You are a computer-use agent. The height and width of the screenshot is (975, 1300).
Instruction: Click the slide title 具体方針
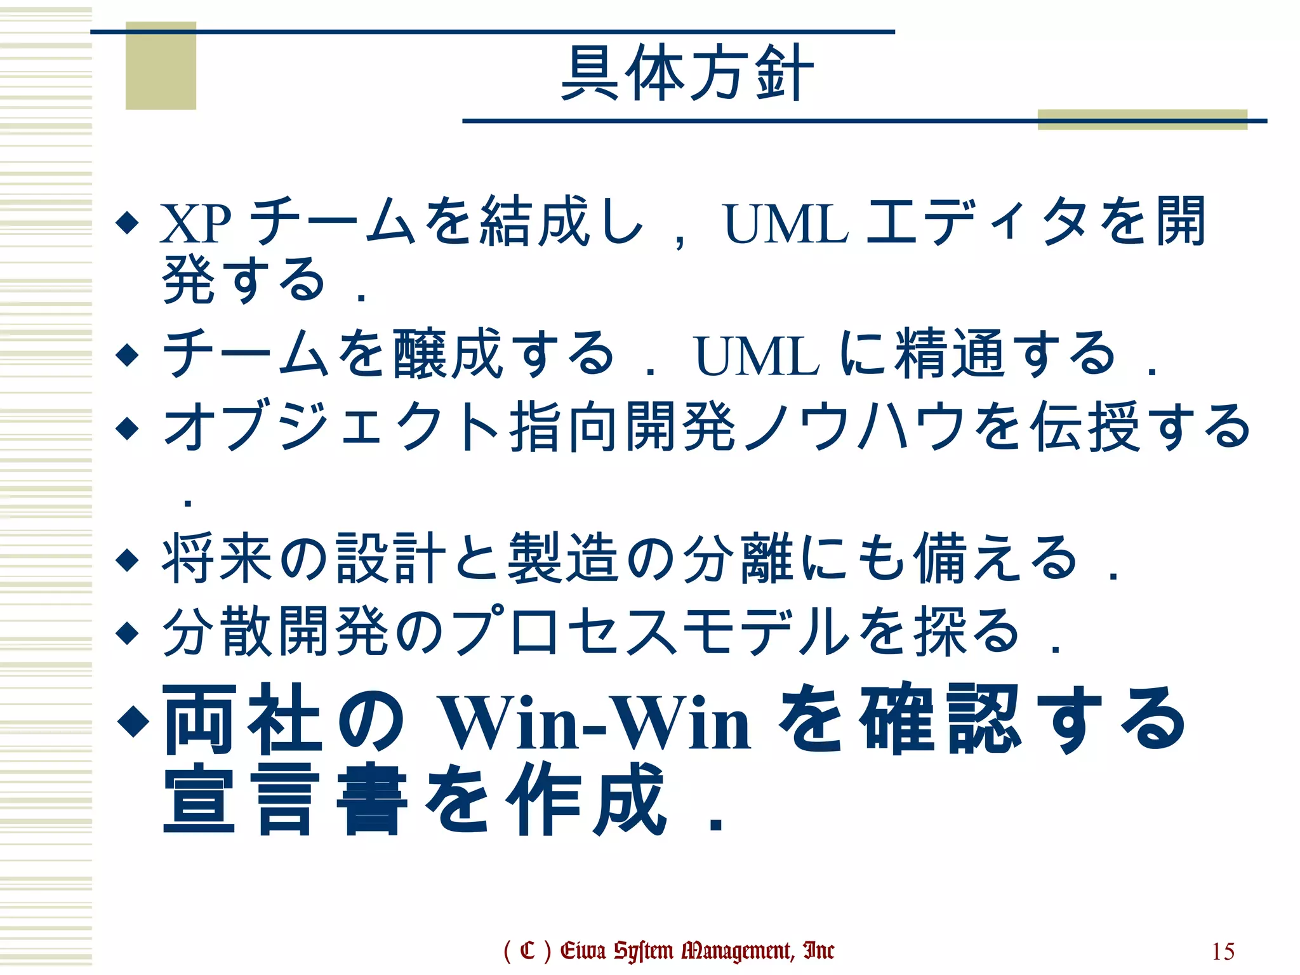pos(687,73)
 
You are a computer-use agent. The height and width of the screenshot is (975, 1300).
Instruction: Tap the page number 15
pos(1223,952)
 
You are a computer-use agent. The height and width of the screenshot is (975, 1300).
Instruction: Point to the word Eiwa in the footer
pos(583,950)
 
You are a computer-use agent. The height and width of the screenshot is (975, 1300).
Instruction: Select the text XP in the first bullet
pos(195,223)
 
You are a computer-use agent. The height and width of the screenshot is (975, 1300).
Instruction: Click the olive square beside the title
pos(161,65)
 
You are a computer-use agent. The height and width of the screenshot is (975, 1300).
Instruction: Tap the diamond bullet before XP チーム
pos(128,223)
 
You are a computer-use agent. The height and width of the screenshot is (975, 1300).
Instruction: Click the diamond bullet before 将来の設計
pos(128,560)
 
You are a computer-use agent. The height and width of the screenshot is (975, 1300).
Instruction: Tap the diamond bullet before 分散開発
pos(128,632)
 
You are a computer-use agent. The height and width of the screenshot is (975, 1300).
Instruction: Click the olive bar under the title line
pos(1142,119)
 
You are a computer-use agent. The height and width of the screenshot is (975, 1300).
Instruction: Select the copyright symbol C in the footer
pos(527,951)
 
